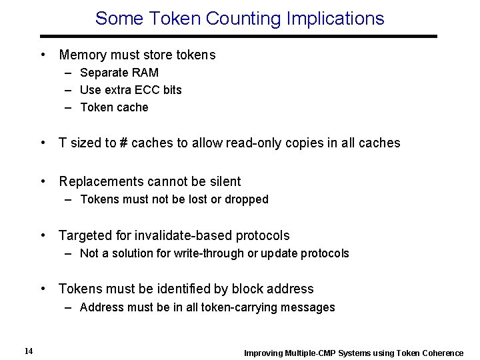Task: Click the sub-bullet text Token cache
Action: coord(114,107)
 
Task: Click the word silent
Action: coord(224,181)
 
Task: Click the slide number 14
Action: coord(28,351)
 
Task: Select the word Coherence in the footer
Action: coord(441,353)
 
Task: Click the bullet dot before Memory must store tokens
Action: coord(42,55)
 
